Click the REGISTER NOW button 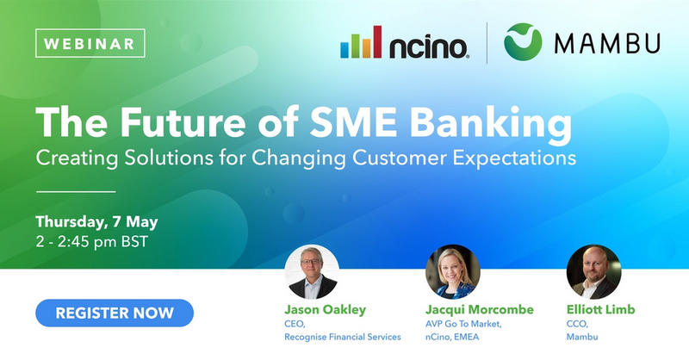pos(115,313)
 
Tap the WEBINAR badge pos(90,43)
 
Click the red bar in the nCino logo pos(377,41)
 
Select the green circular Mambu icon pos(523,41)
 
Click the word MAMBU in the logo pos(607,43)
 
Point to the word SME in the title pos(353,122)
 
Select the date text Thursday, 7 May pos(96,222)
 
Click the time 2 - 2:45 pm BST pos(92,242)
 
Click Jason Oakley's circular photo pos(312,271)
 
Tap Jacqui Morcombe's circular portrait pos(453,271)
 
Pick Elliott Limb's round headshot pos(593,271)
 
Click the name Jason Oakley pos(326,310)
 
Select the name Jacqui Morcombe pos(480,310)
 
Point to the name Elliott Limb pos(600,309)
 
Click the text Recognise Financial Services pos(343,337)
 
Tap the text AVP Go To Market pos(463,324)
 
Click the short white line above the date pos(76,192)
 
